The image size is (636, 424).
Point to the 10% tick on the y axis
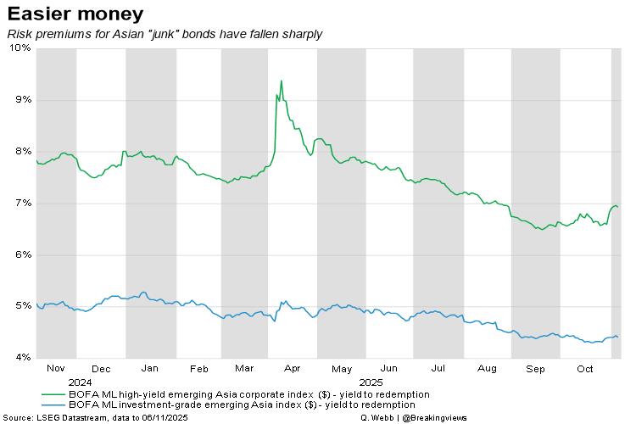tap(20, 48)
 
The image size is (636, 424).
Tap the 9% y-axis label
tap(23, 100)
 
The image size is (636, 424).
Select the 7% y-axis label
tap(23, 204)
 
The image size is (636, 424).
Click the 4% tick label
tap(23, 357)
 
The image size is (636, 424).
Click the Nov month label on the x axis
tap(56, 369)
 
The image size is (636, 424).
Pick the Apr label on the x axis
tap(293, 369)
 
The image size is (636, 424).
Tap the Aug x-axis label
tap(487, 369)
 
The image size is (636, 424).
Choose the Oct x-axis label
tap(585, 369)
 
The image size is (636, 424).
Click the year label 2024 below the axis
tap(56, 382)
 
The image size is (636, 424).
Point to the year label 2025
tap(371, 382)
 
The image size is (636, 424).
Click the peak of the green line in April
tap(281, 81)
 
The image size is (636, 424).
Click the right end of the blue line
tap(617, 337)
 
